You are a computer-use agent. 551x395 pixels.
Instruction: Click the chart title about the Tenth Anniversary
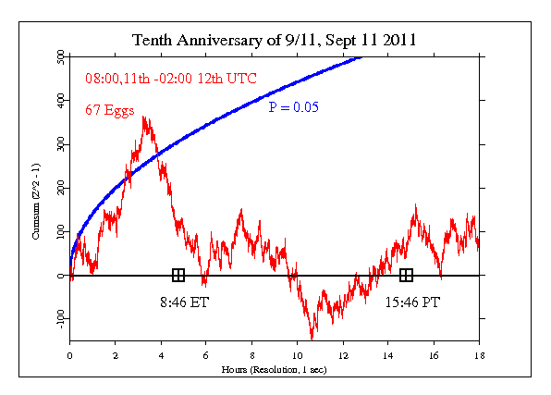click(x=275, y=40)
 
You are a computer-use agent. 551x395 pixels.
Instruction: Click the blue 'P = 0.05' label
click(x=294, y=108)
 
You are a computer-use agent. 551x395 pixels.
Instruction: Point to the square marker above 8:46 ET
click(x=178, y=275)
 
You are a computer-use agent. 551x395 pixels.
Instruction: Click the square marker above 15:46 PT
click(x=406, y=275)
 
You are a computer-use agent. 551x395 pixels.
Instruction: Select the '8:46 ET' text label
click(x=178, y=301)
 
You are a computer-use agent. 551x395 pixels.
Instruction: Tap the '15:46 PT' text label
click(x=407, y=301)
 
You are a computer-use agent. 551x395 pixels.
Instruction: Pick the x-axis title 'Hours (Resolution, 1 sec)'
click(x=275, y=369)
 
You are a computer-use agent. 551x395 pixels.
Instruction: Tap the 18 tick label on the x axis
click(x=479, y=352)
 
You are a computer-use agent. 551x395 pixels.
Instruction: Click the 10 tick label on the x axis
click(x=297, y=352)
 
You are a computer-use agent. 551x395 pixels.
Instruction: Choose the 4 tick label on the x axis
click(x=161, y=352)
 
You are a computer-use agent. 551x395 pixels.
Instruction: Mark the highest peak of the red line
click(x=144, y=117)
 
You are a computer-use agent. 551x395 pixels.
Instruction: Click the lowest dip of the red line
click(x=312, y=339)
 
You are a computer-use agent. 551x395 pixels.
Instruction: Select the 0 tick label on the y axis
click(x=61, y=276)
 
